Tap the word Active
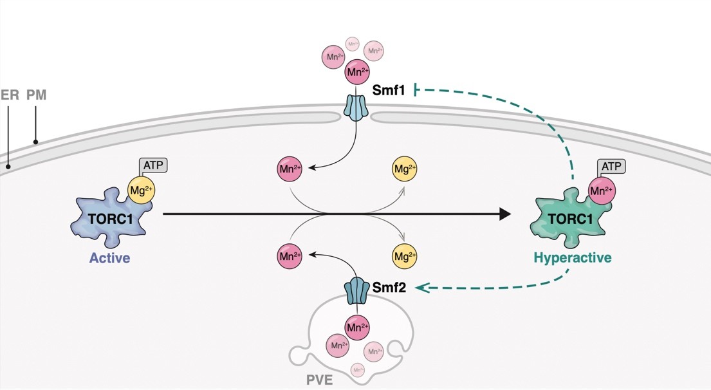pyautogui.click(x=109, y=259)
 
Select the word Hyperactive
pyautogui.click(x=572, y=258)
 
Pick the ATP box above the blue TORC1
pyautogui.click(x=153, y=165)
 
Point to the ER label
pyautogui.click(x=9, y=95)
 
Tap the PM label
pyautogui.click(x=36, y=95)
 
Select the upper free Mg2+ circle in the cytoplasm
pyautogui.click(x=405, y=170)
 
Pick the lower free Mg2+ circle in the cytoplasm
pyautogui.click(x=405, y=256)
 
